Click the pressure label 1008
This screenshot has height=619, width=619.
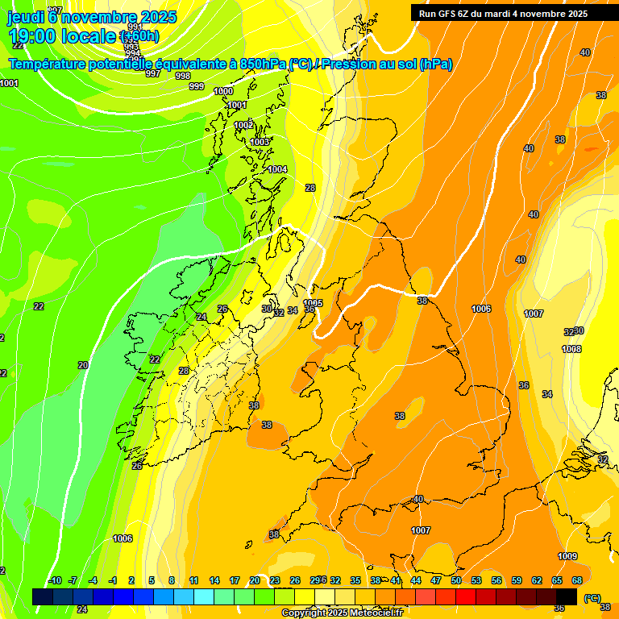571,349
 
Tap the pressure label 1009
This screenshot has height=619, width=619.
567,556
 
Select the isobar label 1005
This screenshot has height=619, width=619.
313,303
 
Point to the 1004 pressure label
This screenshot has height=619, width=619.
277,169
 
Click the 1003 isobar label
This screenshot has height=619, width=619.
260,142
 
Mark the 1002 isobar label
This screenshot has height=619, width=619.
243,125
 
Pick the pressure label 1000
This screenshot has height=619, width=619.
223,91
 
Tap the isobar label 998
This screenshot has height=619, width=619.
182,76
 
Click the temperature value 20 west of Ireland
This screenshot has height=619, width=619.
83,365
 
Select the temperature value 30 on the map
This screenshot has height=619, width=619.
267,308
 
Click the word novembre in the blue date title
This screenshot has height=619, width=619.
99,16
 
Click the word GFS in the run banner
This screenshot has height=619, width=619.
446,14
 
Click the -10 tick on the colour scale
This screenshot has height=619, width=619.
54,580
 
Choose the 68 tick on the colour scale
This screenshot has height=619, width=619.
577,580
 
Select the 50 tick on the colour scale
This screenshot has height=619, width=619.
456,580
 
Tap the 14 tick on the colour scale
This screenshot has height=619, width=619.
214,580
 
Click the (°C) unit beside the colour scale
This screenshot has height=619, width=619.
592,598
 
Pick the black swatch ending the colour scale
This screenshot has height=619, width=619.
567,596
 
